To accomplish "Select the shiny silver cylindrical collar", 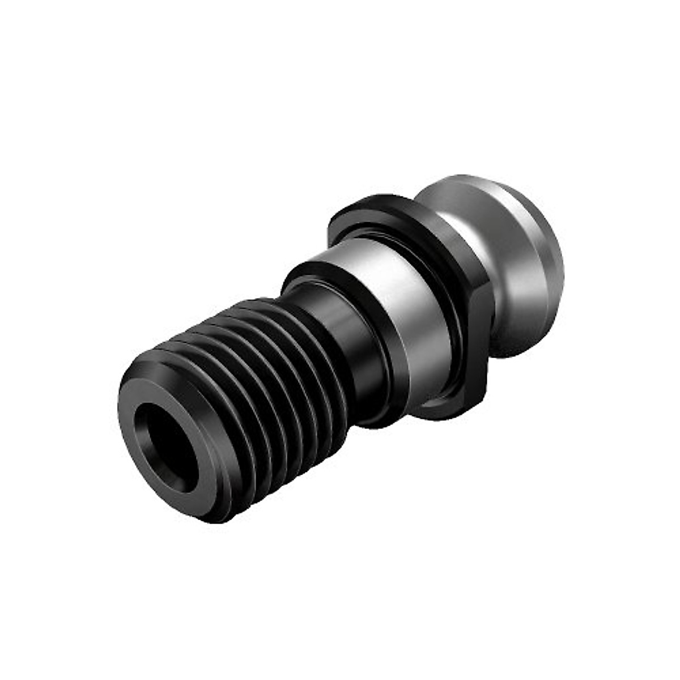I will (x=391, y=317).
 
